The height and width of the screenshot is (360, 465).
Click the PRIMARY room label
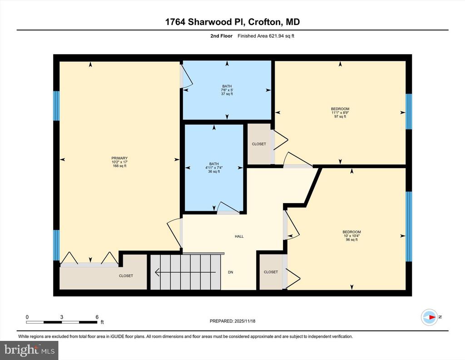click(119, 158)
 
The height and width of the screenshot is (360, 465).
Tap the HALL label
click(239, 236)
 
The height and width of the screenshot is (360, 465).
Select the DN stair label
click(230, 272)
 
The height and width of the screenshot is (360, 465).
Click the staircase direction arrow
click(185, 272)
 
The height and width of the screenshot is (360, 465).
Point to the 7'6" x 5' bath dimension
click(227, 90)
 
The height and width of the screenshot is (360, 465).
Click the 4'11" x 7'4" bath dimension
click(214, 168)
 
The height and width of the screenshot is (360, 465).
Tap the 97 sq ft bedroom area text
click(340, 117)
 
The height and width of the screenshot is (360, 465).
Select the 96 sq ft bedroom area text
click(352, 240)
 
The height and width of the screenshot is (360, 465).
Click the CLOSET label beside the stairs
click(271, 272)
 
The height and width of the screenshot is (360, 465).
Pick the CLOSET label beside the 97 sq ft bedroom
click(259, 144)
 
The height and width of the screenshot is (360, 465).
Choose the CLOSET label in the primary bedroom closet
click(126, 276)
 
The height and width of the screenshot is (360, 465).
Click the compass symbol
click(430, 317)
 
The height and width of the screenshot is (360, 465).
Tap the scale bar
click(62, 322)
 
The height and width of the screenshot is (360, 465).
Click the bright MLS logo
click(29, 350)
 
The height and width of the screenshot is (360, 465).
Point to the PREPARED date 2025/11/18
click(232, 321)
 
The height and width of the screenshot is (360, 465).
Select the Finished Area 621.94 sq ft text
click(266, 36)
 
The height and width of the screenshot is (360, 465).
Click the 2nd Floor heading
click(222, 36)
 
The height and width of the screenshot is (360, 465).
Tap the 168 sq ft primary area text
click(119, 166)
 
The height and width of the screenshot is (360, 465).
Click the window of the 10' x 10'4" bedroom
click(409, 226)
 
